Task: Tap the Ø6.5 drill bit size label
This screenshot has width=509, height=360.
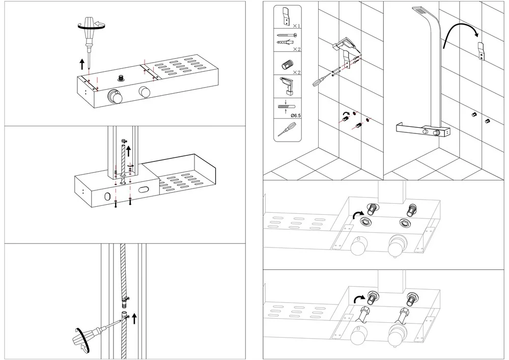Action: click(x=295, y=115)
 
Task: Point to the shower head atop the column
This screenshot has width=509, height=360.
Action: click(x=419, y=11)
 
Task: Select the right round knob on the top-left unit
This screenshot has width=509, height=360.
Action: click(x=145, y=92)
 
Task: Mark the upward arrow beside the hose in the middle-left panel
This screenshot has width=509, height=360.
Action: click(x=129, y=151)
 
